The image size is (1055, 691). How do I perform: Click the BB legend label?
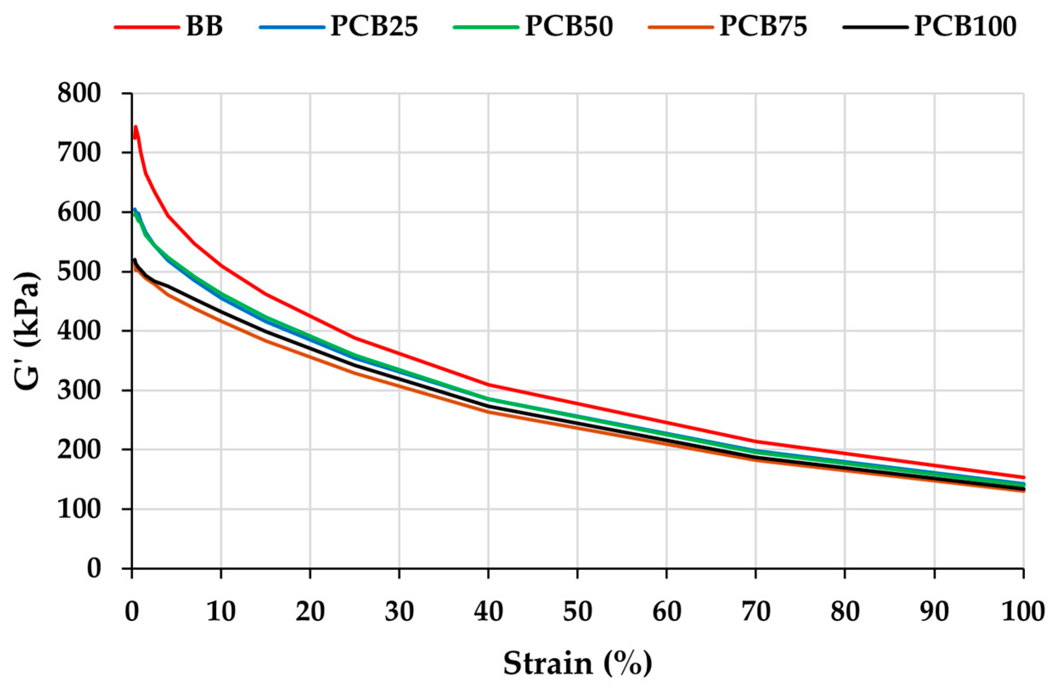click(x=204, y=27)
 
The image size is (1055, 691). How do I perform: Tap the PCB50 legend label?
click(x=569, y=27)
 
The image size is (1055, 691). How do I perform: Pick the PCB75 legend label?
click(x=763, y=27)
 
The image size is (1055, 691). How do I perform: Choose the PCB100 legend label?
click(x=965, y=27)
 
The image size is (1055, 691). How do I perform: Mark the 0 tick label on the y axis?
click(x=94, y=569)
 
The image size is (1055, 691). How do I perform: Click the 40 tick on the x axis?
click(x=489, y=612)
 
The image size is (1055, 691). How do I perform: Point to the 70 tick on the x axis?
click(x=755, y=612)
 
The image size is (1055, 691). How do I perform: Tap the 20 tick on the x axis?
click(x=310, y=612)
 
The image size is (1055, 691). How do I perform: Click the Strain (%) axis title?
click(x=577, y=663)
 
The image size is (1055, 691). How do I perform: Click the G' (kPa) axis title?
click(x=28, y=330)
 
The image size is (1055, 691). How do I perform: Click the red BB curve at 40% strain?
click(x=489, y=384)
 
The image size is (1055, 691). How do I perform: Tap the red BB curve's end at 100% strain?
click(x=1023, y=477)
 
